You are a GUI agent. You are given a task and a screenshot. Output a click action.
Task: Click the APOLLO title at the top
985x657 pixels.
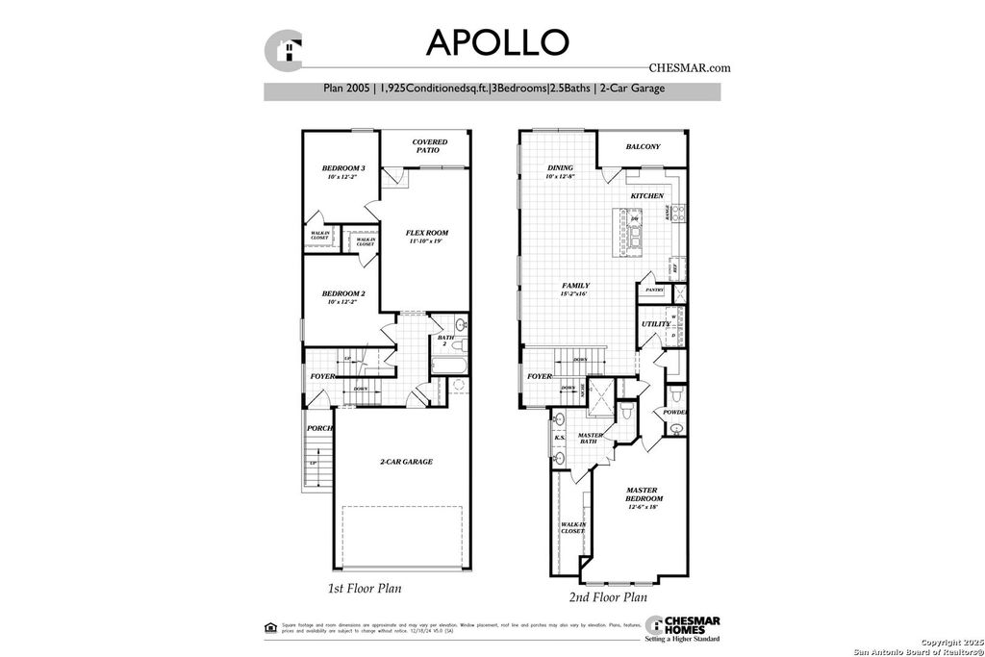pos(497,41)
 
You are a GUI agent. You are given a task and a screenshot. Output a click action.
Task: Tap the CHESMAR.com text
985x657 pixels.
pos(684,68)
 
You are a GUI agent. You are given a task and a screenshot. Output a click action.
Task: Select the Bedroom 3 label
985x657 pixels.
pos(342,168)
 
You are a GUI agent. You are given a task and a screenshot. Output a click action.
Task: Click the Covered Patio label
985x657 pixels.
pos(431,146)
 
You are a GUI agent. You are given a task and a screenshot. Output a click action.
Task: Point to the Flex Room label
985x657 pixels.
pos(427,233)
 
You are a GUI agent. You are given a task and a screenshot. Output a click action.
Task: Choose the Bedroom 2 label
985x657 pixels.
pos(342,293)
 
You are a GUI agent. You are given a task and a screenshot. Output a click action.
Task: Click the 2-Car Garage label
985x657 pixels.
pos(405,462)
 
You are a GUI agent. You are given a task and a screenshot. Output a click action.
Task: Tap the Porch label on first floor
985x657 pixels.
pos(319,428)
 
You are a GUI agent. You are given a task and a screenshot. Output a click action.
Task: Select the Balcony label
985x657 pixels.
pos(643,147)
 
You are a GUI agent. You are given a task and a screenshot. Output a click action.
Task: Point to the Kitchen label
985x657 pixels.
pos(646,196)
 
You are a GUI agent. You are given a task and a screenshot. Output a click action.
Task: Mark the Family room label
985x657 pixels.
pos(576,286)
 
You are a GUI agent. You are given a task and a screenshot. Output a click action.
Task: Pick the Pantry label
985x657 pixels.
pos(655,289)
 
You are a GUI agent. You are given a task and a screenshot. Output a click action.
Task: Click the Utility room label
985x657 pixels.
pos(656,324)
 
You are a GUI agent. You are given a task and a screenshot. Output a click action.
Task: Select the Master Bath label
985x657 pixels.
pos(590,439)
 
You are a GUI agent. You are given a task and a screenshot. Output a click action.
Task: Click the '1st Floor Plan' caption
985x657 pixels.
pos(364,587)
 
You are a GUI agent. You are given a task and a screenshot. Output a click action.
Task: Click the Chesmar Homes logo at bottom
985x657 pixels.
pos(682,626)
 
